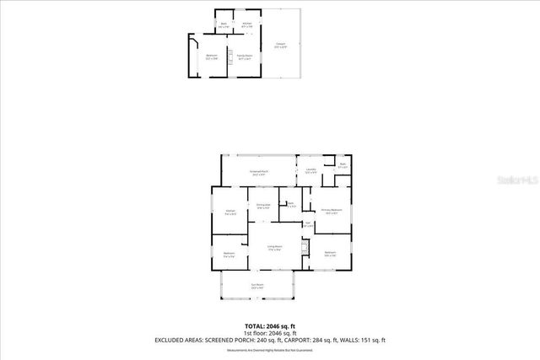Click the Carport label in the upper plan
pos(280,46)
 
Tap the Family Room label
pos(246,58)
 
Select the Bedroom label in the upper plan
pos(211,57)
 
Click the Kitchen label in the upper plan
pos(246,24)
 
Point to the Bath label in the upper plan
pos(224,25)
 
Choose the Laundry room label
pos(310,171)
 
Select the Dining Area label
pos(263,206)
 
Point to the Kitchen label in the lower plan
pos(229,212)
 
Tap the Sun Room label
pos(257,287)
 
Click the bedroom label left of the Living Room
pos(229,254)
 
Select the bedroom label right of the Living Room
pos(330,253)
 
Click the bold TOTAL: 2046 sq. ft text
pos(270,325)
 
